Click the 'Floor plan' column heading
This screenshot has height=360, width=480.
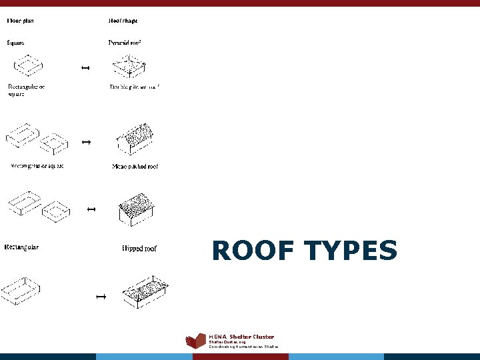[x=21, y=21]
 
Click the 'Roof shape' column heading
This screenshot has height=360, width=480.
[x=123, y=21]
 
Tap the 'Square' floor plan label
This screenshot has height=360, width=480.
[x=16, y=43]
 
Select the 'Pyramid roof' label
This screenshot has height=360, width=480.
[x=125, y=43]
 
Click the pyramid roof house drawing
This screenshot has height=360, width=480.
[x=129, y=66]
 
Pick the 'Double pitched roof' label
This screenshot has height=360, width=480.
[x=135, y=87]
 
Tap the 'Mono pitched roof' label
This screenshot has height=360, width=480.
[x=135, y=166]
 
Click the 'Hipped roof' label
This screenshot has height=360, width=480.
[x=139, y=249]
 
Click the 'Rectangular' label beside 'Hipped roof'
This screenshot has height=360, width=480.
[x=21, y=247]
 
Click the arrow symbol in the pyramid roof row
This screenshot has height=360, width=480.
[x=85, y=68]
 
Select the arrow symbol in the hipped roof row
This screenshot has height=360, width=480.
[x=101, y=295]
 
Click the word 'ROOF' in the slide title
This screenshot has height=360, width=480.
[x=253, y=251]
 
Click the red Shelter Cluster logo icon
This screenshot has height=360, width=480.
[x=195, y=341]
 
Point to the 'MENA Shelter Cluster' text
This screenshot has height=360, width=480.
[x=241, y=337]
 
